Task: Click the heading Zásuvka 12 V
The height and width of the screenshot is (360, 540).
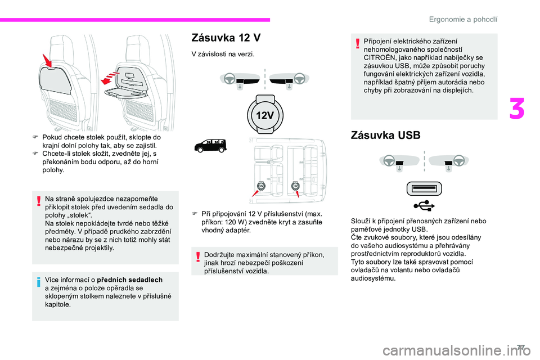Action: click(x=226, y=38)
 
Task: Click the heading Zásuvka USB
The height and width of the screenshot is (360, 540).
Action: click(x=385, y=136)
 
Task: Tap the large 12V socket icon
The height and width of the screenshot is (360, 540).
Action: click(x=265, y=115)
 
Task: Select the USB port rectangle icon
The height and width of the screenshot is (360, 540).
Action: click(x=424, y=188)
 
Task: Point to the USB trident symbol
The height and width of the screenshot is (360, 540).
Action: click(x=424, y=206)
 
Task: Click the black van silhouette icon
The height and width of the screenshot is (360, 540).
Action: click(x=210, y=145)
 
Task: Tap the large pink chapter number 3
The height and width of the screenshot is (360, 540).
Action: click(x=516, y=109)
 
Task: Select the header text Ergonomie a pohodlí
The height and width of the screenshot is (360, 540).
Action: click(x=463, y=19)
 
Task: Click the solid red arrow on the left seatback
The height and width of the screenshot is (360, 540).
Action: click(x=47, y=60)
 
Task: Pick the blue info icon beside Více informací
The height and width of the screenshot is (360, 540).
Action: click(x=39, y=281)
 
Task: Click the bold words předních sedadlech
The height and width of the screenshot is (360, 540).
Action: click(x=130, y=280)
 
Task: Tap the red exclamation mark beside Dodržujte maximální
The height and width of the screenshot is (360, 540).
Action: click(x=198, y=256)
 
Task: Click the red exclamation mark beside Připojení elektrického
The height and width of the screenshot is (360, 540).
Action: click(x=358, y=43)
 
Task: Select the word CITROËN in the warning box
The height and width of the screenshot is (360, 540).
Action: click(x=378, y=57)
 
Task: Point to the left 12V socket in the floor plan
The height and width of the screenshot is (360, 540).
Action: click(x=262, y=186)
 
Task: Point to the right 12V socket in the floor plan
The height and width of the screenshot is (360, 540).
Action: click(x=295, y=186)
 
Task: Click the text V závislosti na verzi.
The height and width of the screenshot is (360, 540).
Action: click(x=223, y=54)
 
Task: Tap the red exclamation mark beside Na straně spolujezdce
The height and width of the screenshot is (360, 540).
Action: click(x=39, y=200)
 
